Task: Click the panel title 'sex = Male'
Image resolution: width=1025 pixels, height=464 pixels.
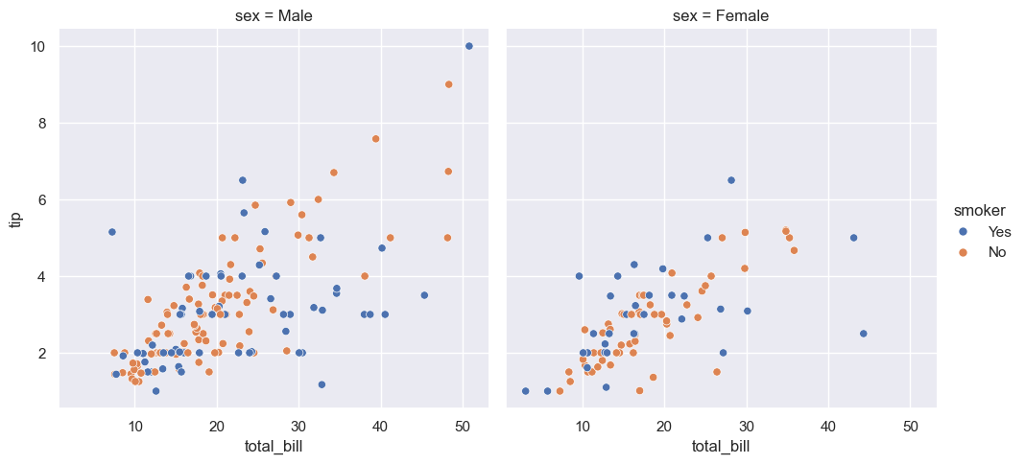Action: tap(274, 16)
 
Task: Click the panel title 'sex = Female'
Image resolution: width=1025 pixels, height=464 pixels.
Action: tap(721, 16)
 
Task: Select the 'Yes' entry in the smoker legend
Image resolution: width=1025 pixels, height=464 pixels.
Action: tap(999, 231)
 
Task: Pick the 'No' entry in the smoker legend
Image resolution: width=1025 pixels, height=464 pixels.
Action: tap(996, 252)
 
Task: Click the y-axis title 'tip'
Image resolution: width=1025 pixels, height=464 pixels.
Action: tap(15, 220)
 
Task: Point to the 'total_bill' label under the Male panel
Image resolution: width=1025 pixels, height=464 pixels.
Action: tap(274, 446)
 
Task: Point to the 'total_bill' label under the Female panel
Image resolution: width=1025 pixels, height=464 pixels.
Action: tap(721, 446)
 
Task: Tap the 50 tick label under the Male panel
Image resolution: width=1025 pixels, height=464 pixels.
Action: tap(463, 425)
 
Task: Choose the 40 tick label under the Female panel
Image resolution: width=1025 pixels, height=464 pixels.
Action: tap(828, 425)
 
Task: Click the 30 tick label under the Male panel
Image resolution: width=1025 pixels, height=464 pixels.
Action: tap(298, 425)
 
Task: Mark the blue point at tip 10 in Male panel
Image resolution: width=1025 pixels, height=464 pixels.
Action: tap(468, 46)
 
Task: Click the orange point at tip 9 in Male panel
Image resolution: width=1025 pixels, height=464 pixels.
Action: tap(448, 84)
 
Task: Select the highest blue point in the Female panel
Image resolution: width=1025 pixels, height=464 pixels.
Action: tap(731, 180)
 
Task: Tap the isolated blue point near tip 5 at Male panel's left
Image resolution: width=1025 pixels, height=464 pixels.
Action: tap(111, 232)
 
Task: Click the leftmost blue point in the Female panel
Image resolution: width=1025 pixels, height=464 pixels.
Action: tap(526, 391)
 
